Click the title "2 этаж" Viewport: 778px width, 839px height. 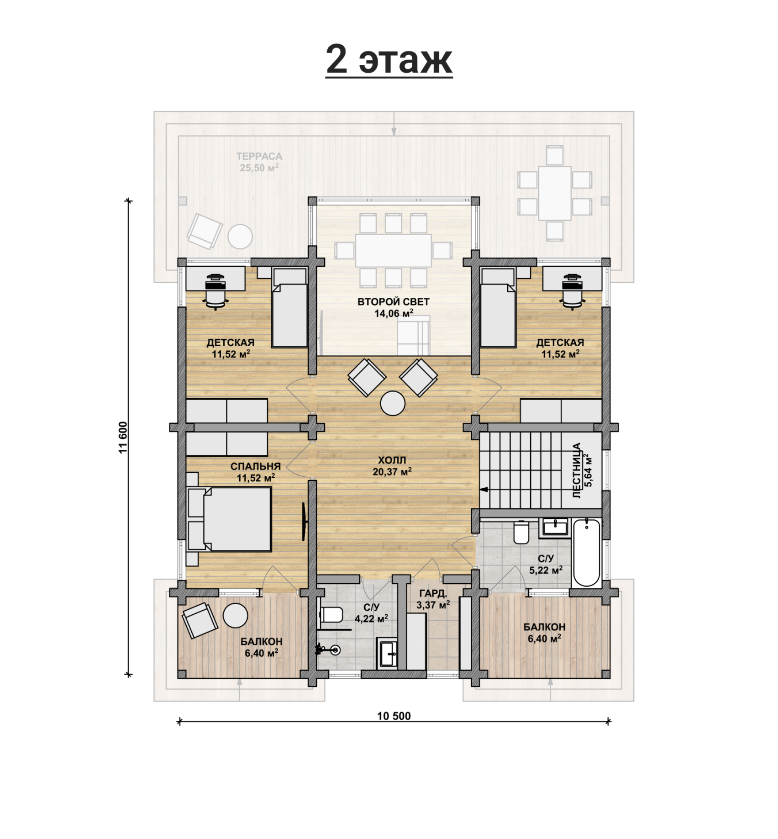click(x=389, y=60)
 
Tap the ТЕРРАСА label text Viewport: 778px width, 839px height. click(x=259, y=156)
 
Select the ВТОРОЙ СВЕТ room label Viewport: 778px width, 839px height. click(x=394, y=302)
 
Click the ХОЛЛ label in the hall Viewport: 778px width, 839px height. click(x=392, y=460)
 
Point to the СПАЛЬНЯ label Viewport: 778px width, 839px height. click(x=255, y=466)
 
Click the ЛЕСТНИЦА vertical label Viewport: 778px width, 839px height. click(x=576, y=470)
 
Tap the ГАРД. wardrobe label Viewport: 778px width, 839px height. click(x=433, y=593)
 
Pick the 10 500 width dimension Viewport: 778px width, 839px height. click(x=394, y=716)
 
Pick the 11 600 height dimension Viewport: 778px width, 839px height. click(x=123, y=437)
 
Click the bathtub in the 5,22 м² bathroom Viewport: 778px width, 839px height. click(x=587, y=553)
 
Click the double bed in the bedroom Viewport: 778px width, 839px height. click(x=229, y=519)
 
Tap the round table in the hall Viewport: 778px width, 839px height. click(x=393, y=403)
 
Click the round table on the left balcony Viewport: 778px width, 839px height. click(x=235, y=615)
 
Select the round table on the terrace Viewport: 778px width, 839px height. click(x=240, y=237)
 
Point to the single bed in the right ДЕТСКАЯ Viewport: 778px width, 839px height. click(x=498, y=308)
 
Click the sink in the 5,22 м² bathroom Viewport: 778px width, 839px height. click(x=555, y=527)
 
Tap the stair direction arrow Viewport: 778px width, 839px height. click(x=484, y=490)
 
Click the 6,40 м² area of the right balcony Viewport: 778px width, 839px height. click(x=544, y=638)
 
